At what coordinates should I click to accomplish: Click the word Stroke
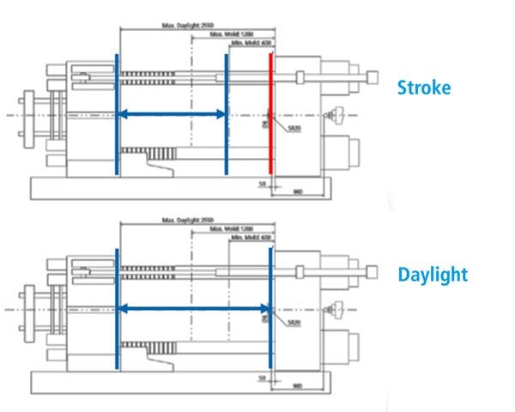(x=423, y=88)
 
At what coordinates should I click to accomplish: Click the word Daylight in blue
(x=433, y=275)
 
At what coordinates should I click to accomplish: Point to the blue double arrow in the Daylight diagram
(x=192, y=308)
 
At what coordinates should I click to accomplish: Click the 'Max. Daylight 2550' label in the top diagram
(x=181, y=27)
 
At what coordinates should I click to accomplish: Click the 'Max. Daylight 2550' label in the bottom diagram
(x=181, y=221)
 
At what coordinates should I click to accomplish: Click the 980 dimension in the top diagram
(x=297, y=191)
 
